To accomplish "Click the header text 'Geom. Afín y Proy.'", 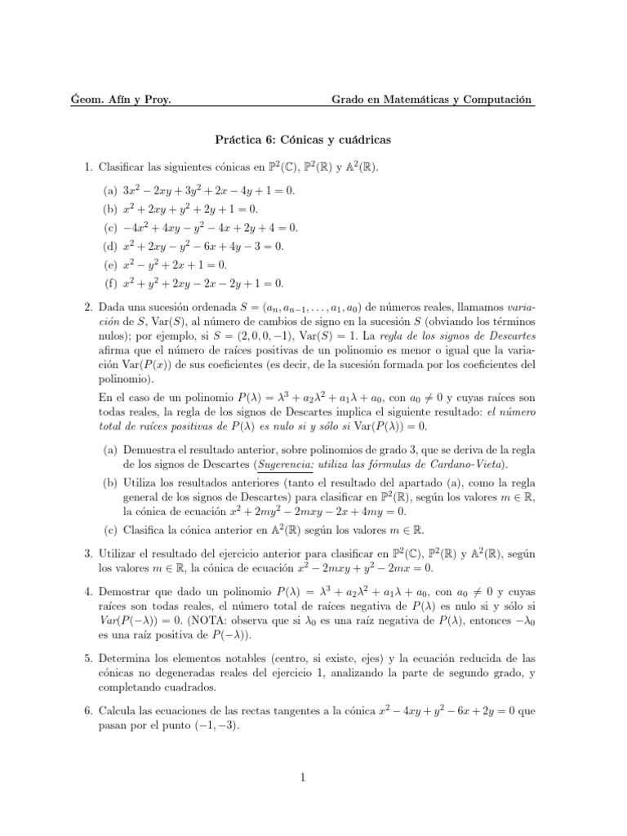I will pyautogui.click(x=122, y=100).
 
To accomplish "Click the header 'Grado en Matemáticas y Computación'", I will pyautogui.click(x=431, y=100).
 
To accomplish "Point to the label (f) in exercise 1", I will pyautogui.click(x=109, y=284).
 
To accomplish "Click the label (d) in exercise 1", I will pyautogui.click(x=109, y=247).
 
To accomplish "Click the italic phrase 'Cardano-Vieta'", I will pyautogui.click(x=468, y=465).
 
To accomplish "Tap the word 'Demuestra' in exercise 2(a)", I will pyautogui.click(x=149, y=450).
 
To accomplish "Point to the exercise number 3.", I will pyautogui.click(x=89, y=554).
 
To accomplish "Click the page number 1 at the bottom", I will pyautogui.click(x=303, y=778).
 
